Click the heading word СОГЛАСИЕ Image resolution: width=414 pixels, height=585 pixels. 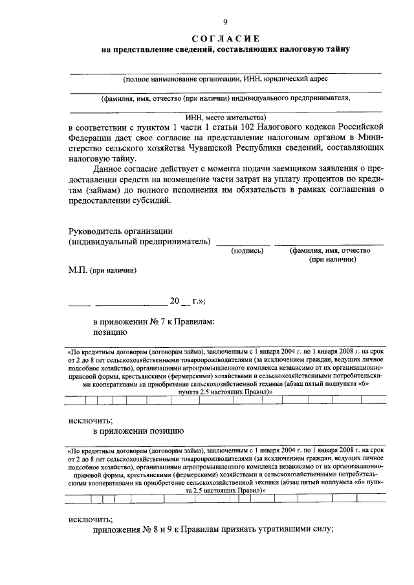coord(226,38)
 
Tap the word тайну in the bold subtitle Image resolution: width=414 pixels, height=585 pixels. coord(336,50)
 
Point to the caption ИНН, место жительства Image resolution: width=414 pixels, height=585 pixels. coord(226,118)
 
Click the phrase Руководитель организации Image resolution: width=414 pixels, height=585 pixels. coord(120,231)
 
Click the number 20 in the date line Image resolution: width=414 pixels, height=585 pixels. coord(174,301)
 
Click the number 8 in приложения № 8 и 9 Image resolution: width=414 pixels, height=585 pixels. coord(156,529)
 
